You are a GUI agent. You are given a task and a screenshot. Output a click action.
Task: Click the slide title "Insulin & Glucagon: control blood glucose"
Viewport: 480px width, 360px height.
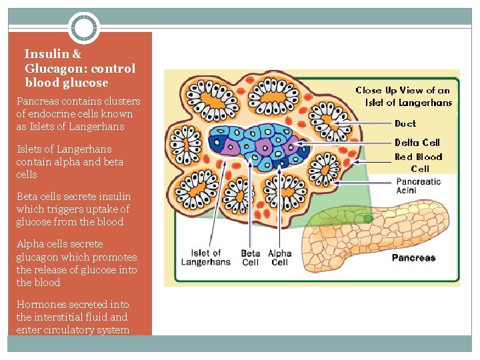(x=79, y=68)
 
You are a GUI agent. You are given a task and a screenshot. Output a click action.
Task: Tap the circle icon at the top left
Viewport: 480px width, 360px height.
(x=84, y=29)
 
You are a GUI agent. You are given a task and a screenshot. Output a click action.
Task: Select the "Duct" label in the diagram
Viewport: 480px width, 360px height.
(x=405, y=123)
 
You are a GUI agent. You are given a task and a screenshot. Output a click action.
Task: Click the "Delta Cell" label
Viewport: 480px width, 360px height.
(x=417, y=142)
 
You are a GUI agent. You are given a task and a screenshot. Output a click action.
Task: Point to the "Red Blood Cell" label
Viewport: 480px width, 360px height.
(x=419, y=163)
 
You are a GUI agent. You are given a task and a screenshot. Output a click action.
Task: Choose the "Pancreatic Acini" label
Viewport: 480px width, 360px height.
(x=418, y=186)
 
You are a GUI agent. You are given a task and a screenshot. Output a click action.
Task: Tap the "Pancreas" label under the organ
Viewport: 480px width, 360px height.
(x=413, y=258)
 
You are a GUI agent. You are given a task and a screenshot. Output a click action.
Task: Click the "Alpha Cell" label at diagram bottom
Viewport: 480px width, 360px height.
(x=280, y=257)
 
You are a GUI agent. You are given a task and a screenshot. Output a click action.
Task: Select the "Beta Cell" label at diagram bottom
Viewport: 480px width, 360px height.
(x=251, y=257)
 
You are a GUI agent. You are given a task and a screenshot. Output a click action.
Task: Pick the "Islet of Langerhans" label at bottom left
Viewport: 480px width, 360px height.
(x=206, y=257)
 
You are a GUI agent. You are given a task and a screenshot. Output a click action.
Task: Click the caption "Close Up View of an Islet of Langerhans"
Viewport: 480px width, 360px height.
(x=403, y=96)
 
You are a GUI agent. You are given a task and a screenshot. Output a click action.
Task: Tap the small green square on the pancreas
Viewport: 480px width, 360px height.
(x=368, y=219)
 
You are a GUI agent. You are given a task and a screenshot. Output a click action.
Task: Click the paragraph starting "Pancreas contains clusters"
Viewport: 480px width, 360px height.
(x=78, y=114)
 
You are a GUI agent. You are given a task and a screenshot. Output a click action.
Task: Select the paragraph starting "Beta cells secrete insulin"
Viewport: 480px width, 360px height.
(x=73, y=209)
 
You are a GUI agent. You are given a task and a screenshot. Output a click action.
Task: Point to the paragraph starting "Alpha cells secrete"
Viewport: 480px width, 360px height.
(x=77, y=263)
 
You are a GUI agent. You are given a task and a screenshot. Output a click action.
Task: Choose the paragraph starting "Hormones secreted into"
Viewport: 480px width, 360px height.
(x=73, y=317)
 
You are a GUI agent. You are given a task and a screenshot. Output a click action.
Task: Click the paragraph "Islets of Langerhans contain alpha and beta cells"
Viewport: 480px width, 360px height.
(x=70, y=161)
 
